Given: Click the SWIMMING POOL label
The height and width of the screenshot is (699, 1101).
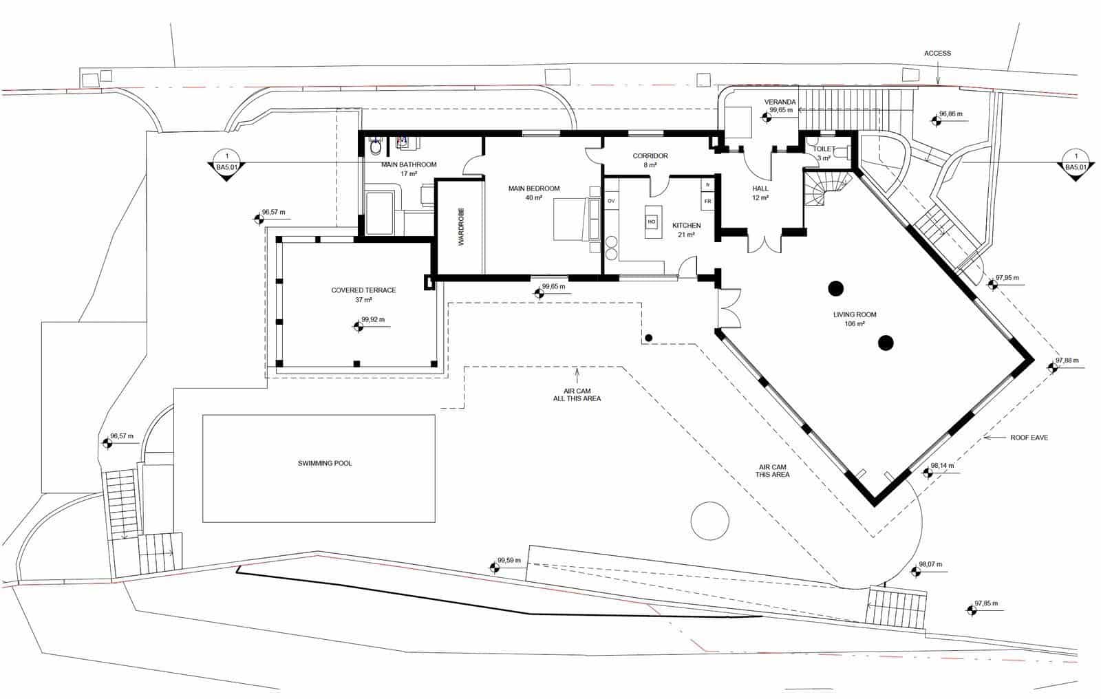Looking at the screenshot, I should (x=325, y=463).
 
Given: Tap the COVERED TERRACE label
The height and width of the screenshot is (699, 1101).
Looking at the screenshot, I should (x=363, y=290).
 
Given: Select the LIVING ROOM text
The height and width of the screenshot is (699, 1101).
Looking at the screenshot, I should (x=855, y=315).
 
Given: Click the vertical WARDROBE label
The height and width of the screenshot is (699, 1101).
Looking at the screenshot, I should (x=462, y=226).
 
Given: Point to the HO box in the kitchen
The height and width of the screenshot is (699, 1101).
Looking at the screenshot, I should (x=652, y=222).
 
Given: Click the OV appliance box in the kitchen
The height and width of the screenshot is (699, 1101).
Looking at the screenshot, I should (x=610, y=201).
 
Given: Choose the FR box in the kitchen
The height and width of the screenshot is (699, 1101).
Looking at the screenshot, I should (x=707, y=201).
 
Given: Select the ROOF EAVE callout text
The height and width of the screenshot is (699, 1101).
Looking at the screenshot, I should (x=1029, y=438).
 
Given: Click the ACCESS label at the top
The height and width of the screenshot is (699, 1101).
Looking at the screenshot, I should (x=937, y=54).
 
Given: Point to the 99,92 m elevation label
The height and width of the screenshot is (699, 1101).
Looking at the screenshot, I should (x=373, y=319).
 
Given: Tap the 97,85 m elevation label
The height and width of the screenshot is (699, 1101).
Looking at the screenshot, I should (x=985, y=603).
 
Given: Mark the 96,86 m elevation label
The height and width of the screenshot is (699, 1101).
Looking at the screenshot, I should (x=950, y=114).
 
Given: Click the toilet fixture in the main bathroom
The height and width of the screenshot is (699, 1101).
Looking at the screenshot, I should (x=376, y=147).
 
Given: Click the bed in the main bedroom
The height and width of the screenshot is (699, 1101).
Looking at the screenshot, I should (x=575, y=219).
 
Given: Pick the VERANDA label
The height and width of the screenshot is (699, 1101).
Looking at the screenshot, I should (x=780, y=102).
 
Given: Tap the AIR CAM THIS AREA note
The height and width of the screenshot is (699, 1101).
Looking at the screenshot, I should (x=771, y=471).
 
